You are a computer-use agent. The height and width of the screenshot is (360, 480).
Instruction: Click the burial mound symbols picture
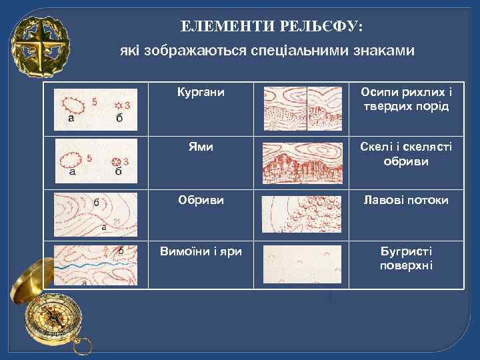click(x=95, y=108)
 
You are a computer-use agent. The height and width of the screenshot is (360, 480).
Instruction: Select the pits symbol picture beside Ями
click(x=95, y=160)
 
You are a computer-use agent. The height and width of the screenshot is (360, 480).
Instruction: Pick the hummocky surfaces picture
click(x=303, y=265)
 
